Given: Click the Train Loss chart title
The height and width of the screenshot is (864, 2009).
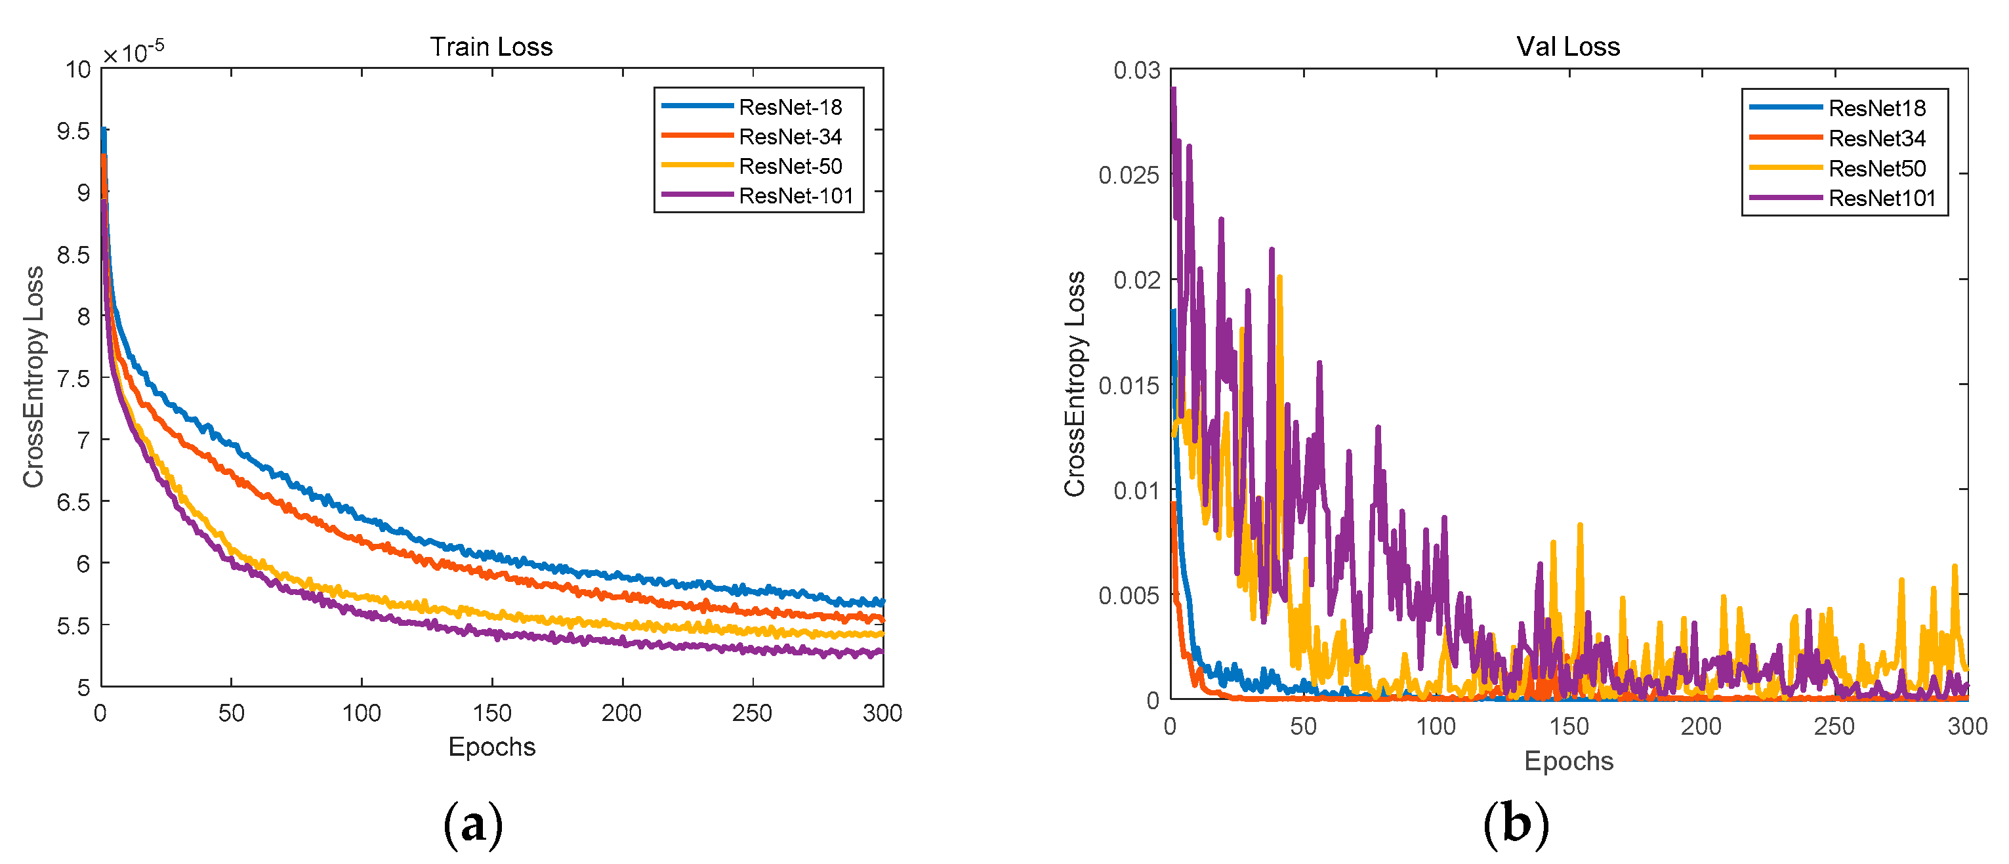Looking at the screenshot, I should (491, 47).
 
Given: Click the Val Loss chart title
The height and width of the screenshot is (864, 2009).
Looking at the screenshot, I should (1567, 47).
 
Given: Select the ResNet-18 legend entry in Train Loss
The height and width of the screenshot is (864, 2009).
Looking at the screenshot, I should (789, 107).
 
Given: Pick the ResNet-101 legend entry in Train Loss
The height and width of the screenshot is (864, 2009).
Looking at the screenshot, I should (795, 195).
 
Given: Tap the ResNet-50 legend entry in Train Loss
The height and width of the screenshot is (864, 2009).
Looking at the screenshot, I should (789, 166).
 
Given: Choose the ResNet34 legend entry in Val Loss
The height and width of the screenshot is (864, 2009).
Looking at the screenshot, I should (1876, 139).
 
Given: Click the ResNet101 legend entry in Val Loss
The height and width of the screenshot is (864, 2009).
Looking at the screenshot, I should (1881, 198).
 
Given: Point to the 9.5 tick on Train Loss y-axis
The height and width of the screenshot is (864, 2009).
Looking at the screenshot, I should (73, 131).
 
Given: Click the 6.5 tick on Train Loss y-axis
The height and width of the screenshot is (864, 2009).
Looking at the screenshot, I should (73, 501).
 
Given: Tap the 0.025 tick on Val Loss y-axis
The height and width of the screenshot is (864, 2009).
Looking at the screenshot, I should (1129, 175).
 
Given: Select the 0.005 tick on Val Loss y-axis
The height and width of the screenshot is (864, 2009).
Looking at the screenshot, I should (1129, 596).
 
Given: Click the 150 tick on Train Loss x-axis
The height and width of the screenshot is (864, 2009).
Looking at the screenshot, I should (492, 712).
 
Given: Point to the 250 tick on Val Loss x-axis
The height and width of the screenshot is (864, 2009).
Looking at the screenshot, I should (1834, 726).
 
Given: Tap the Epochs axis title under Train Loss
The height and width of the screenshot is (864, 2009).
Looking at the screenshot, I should (491, 747).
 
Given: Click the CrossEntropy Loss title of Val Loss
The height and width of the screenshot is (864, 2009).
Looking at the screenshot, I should (1075, 384).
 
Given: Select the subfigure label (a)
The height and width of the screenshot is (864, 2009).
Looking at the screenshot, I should (472, 824).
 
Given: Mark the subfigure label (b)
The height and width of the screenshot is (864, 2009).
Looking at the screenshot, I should (1516, 824).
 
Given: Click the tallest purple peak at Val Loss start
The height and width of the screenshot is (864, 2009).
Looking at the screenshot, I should (1173, 91).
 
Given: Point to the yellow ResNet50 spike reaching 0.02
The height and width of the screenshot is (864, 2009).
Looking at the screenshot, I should (1280, 278).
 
